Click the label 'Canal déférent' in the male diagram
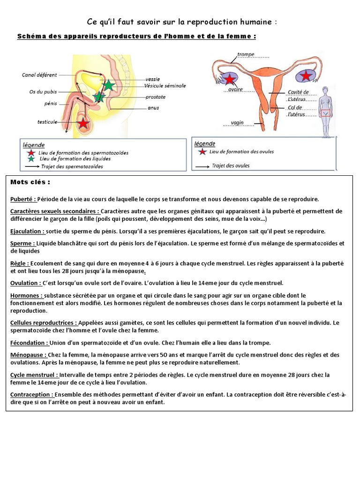(39, 75)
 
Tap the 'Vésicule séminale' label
(165, 86)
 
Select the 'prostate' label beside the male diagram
(155, 97)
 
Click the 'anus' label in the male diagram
(153, 108)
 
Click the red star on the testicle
(83, 123)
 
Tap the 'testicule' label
(47, 122)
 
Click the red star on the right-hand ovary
(306, 75)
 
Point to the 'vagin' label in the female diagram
(237, 123)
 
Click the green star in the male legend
(31, 159)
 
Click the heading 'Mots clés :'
(30, 182)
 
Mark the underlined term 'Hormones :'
(26, 296)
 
